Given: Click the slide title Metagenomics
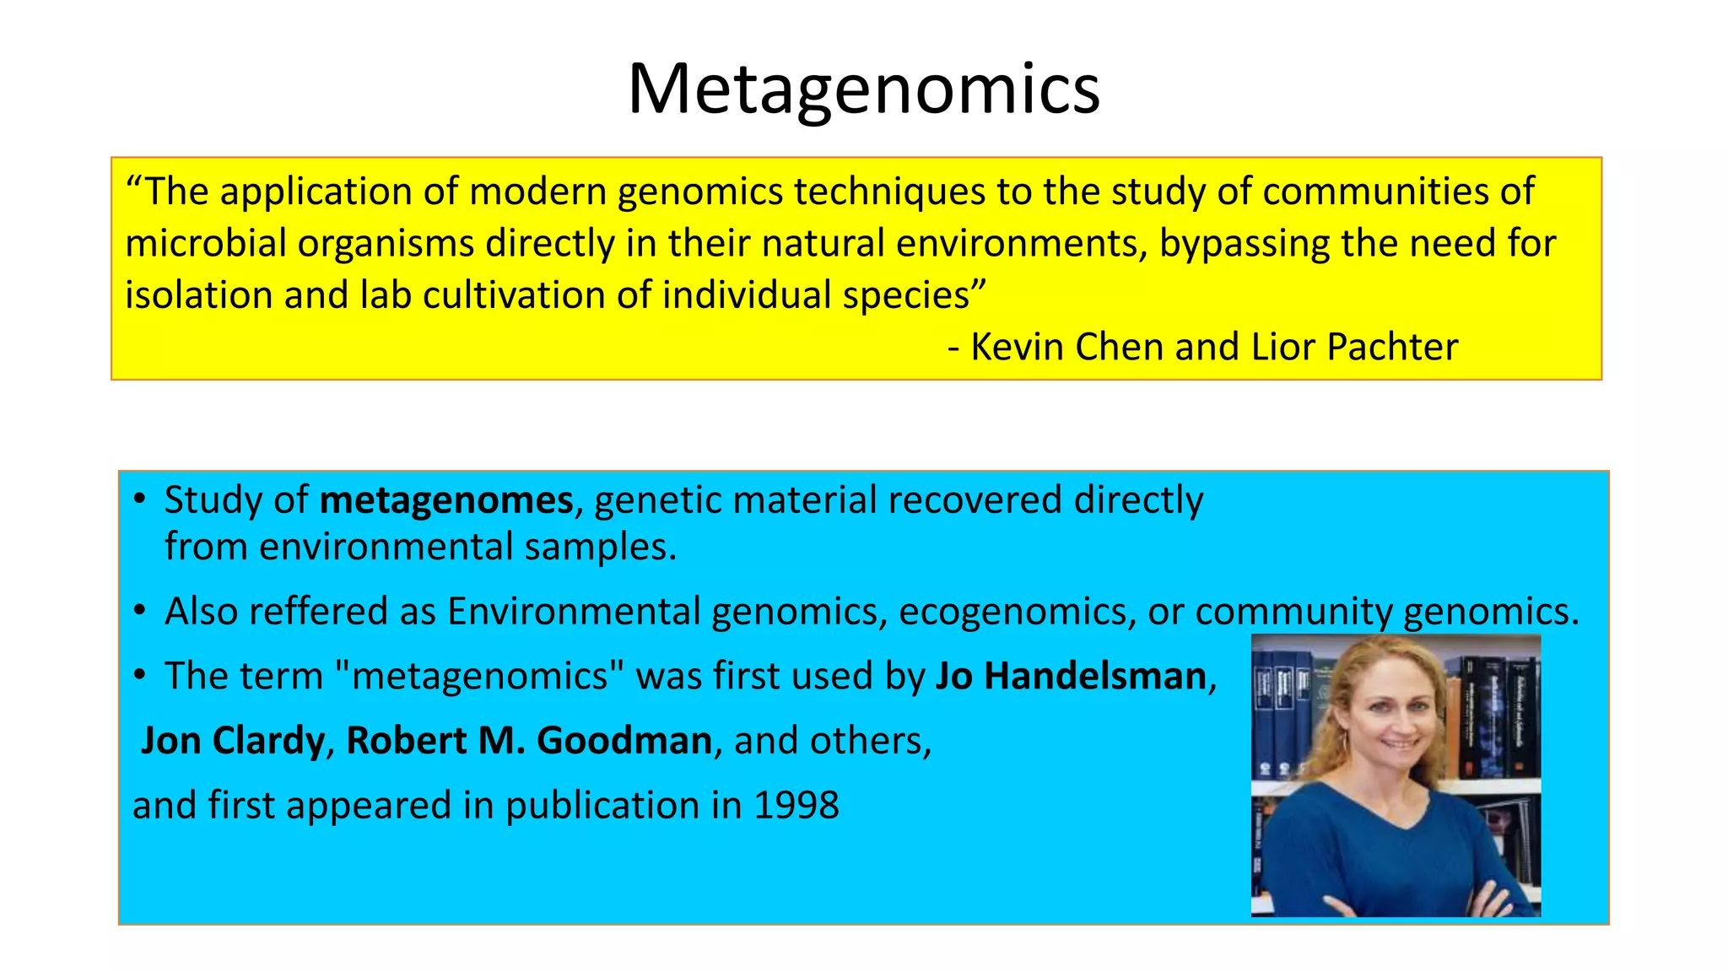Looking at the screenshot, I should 863,89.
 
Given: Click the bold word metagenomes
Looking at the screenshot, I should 446,500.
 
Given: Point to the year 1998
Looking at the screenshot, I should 796,805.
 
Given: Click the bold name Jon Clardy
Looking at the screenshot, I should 232,741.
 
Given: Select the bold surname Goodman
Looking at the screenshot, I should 624,741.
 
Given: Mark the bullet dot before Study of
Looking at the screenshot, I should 140,499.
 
